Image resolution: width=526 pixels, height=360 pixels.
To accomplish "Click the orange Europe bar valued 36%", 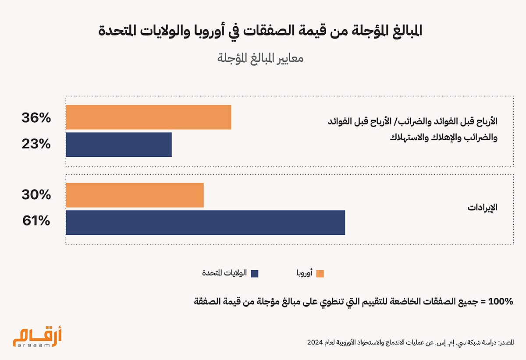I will tap(148, 117).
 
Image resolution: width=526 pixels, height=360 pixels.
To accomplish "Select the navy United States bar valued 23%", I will tap(119, 145).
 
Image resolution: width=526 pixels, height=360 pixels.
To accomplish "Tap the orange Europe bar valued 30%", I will tap(135, 195).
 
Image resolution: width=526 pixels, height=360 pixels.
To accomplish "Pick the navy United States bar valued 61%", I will tap(205, 222).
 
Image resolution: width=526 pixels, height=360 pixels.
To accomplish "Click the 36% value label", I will tap(36, 118).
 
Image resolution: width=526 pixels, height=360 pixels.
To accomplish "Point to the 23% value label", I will tap(36, 144).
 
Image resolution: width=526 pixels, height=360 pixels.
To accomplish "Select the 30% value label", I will tap(36, 195).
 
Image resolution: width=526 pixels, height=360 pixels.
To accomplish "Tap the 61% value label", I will tap(36, 221).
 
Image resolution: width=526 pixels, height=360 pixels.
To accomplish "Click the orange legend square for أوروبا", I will tap(320, 274).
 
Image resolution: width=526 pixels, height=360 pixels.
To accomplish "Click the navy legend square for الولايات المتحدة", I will tap(255, 274).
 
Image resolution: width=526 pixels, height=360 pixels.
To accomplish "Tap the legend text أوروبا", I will tap(304, 274).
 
